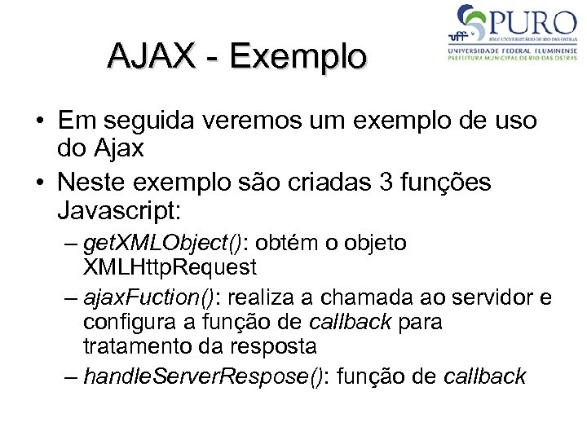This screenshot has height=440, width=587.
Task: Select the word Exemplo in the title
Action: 298,57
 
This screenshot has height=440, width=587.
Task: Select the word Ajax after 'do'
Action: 118,148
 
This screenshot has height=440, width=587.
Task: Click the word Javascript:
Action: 122,211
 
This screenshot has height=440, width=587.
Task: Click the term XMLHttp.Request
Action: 170,266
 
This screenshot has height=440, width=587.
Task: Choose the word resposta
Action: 270,345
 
